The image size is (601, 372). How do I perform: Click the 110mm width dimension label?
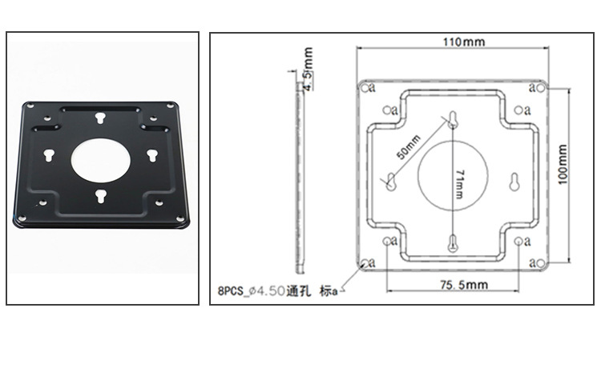[x=464, y=42]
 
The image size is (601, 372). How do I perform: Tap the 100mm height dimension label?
[x=563, y=164]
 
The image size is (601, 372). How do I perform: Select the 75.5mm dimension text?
[x=464, y=285]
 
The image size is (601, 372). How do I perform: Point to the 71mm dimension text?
[x=460, y=184]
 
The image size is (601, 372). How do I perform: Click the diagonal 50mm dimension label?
[x=409, y=147]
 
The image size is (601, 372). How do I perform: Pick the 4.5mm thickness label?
[x=309, y=69]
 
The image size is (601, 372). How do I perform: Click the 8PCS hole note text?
[x=278, y=291]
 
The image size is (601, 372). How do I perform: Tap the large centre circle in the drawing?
[x=418, y=175]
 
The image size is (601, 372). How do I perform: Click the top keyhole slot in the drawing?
[x=453, y=120]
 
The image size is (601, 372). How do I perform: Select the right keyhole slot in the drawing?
[x=514, y=182]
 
